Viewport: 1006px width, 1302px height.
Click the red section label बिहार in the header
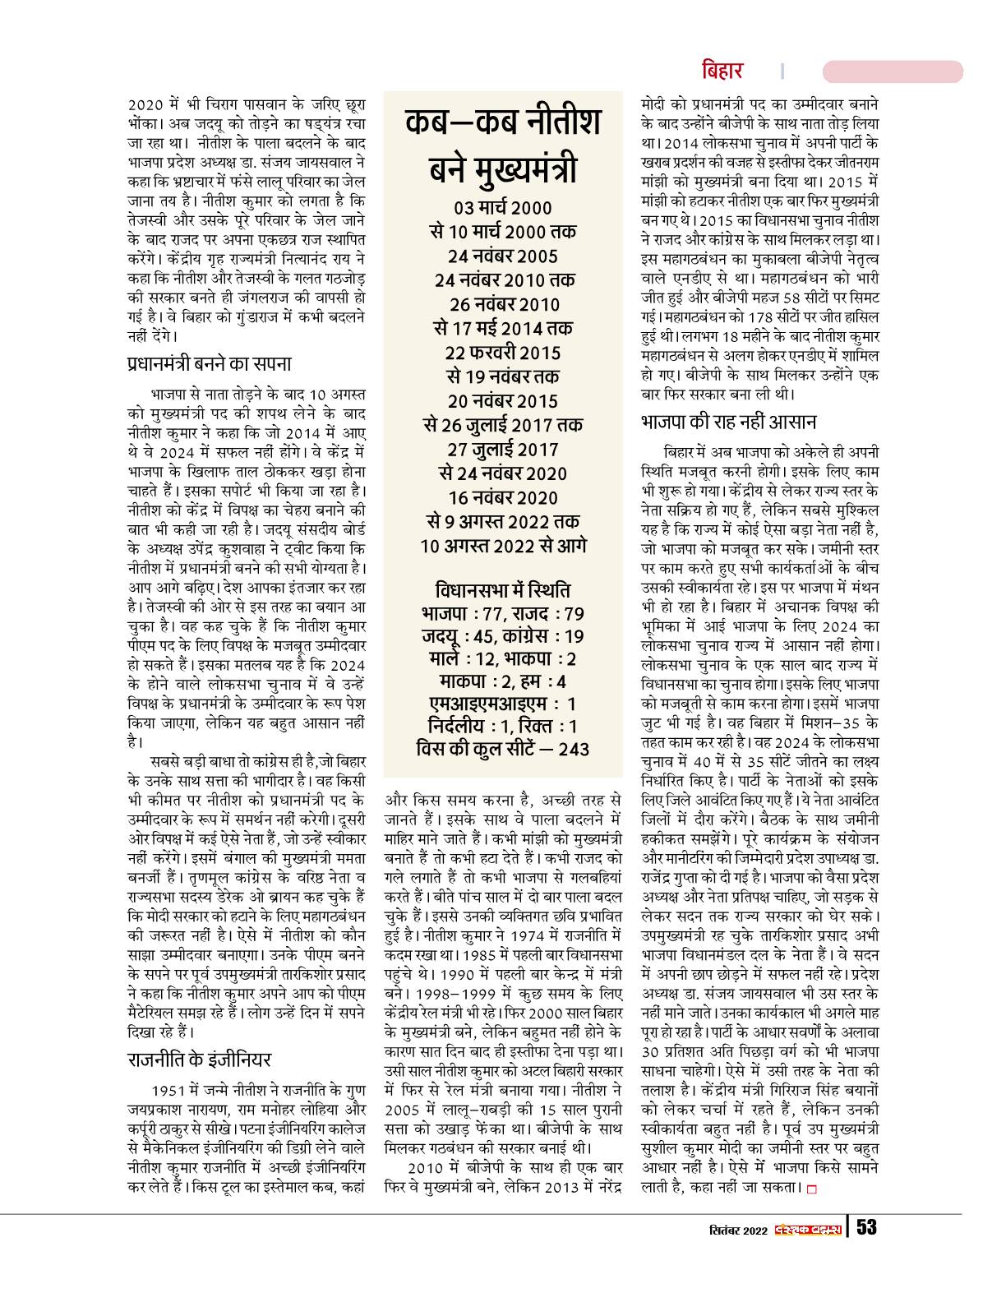722,71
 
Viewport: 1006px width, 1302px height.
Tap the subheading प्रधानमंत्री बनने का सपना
210,363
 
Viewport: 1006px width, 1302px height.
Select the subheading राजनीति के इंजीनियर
200,1059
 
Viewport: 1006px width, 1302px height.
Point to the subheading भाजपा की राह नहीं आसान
727,422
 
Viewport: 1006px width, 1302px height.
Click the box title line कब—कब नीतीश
503,122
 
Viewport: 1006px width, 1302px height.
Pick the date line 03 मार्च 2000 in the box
503,207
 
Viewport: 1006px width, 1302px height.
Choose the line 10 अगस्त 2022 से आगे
503,546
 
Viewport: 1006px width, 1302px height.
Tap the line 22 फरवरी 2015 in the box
503,353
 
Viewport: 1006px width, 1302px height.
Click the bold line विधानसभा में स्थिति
503,591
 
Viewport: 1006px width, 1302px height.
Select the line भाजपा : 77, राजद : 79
503,614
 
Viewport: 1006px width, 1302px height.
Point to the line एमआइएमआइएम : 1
503,704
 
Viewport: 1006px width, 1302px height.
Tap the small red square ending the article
813,1189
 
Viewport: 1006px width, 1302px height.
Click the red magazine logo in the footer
807,1230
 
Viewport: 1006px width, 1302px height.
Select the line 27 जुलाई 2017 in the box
503,450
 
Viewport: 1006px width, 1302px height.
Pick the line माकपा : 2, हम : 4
503,681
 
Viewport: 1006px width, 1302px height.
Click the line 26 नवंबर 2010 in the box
503,305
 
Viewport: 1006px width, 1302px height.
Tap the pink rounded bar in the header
892,71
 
